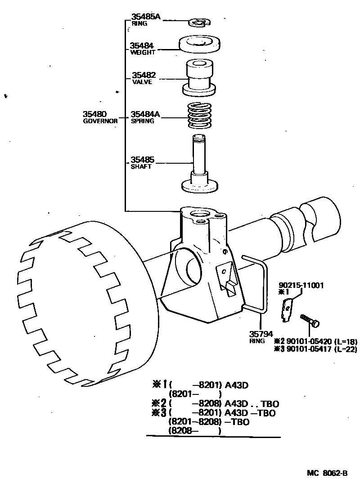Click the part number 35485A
click(x=146, y=17)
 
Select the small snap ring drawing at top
click(x=199, y=21)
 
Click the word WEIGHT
click(x=143, y=53)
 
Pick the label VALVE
click(x=142, y=82)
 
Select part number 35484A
click(x=145, y=114)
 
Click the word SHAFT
click(x=141, y=166)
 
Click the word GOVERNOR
click(x=100, y=121)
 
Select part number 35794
click(x=261, y=334)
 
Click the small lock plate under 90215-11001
click(x=287, y=311)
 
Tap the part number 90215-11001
click(x=301, y=285)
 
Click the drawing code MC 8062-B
click(x=327, y=473)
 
